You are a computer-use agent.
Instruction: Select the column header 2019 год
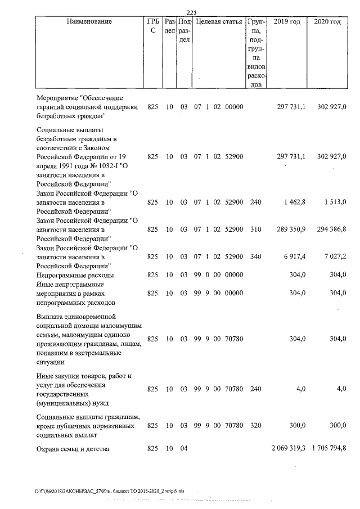click(x=286, y=22)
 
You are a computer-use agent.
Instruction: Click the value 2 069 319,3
click(x=288, y=449)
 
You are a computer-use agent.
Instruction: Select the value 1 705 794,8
click(x=328, y=449)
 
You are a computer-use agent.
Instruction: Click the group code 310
click(x=255, y=229)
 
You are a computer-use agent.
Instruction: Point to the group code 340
click(x=255, y=257)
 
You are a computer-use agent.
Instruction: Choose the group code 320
click(x=255, y=426)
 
